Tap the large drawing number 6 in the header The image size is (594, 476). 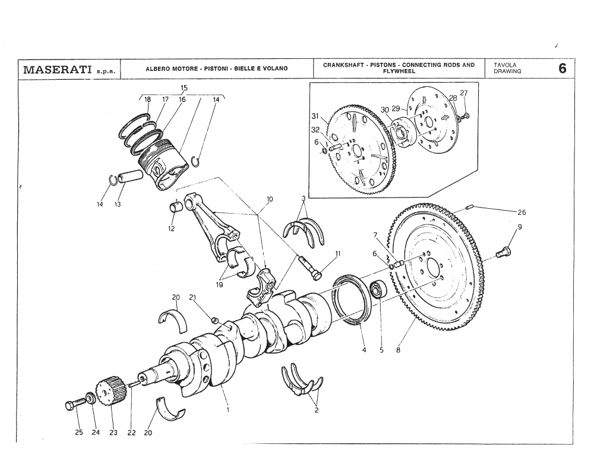[x=562, y=68]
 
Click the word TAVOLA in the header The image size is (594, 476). [x=504, y=65]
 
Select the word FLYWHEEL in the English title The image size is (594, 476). [x=399, y=71]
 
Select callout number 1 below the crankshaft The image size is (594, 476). [x=228, y=409]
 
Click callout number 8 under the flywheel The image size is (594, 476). [x=398, y=350]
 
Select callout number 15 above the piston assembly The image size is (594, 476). [x=184, y=88]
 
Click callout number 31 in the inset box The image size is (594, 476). [x=315, y=115]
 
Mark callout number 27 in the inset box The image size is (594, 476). [x=464, y=93]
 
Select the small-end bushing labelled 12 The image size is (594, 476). [x=176, y=208]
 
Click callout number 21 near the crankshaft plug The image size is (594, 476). [x=192, y=297]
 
